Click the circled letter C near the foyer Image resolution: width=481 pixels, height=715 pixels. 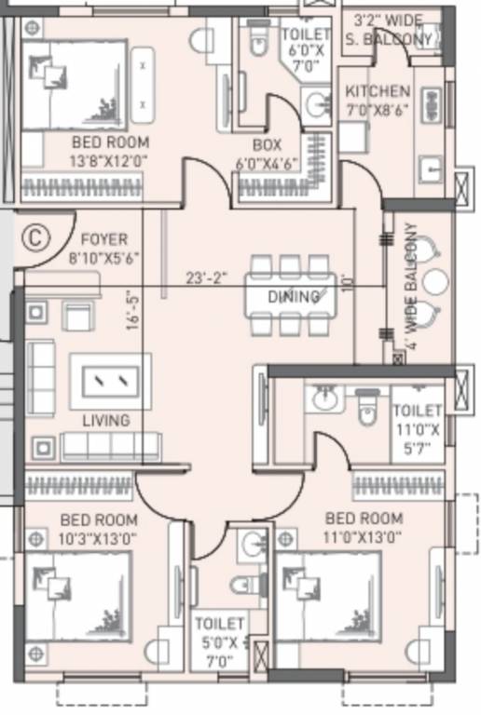[34, 236]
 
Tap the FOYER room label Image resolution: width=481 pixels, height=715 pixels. [103, 239]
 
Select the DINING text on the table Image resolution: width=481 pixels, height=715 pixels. [294, 297]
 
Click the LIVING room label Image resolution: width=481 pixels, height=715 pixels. [105, 421]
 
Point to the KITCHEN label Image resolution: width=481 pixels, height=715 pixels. [377, 91]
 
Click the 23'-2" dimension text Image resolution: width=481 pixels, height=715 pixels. [208, 277]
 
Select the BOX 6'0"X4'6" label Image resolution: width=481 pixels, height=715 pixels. [267, 153]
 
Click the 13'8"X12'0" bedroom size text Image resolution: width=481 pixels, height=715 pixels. [110, 160]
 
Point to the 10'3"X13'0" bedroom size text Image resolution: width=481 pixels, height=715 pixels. [98, 537]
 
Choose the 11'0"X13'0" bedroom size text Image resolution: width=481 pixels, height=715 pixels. [364, 536]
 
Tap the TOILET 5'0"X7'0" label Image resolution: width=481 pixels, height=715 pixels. [220, 641]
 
